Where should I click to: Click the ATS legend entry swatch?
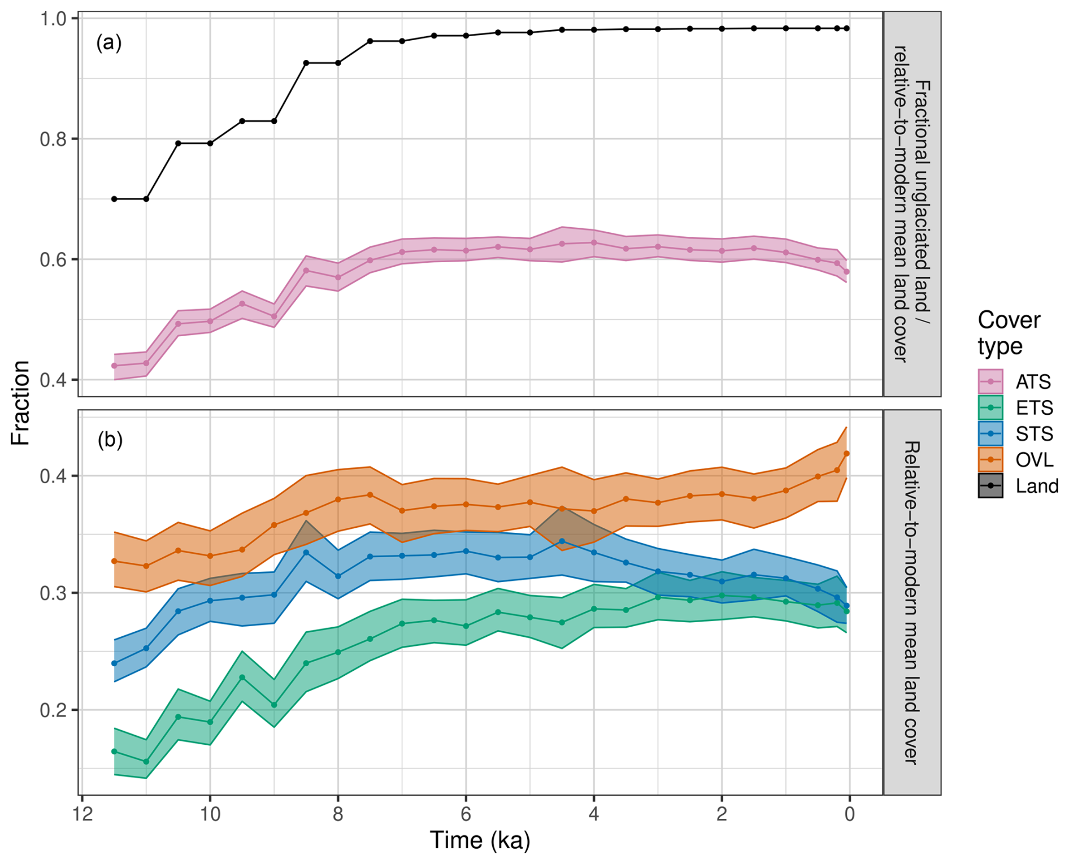(990, 381)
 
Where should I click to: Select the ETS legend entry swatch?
(990, 407)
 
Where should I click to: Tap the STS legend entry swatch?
(990, 433)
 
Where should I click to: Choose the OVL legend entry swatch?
(990, 459)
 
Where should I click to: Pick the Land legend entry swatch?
(990, 485)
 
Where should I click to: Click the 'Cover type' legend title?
(1009, 333)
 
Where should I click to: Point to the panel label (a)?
(109, 42)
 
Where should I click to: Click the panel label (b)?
(110, 440)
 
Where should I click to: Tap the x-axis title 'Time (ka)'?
(480, 840)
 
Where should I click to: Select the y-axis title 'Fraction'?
(20, 403)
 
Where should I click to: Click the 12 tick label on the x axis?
(82, 814)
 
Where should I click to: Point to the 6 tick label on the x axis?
(466, 814)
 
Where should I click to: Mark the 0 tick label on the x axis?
(849, 814)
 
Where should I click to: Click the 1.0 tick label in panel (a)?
(53, 19)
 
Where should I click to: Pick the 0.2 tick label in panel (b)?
(53, 710)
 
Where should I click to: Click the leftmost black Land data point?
(114, 199)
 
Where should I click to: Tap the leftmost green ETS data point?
(114, 752)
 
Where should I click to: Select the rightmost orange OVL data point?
(846, 454)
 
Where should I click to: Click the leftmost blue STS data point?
(114, 663)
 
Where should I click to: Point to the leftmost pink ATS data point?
(114, 366)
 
